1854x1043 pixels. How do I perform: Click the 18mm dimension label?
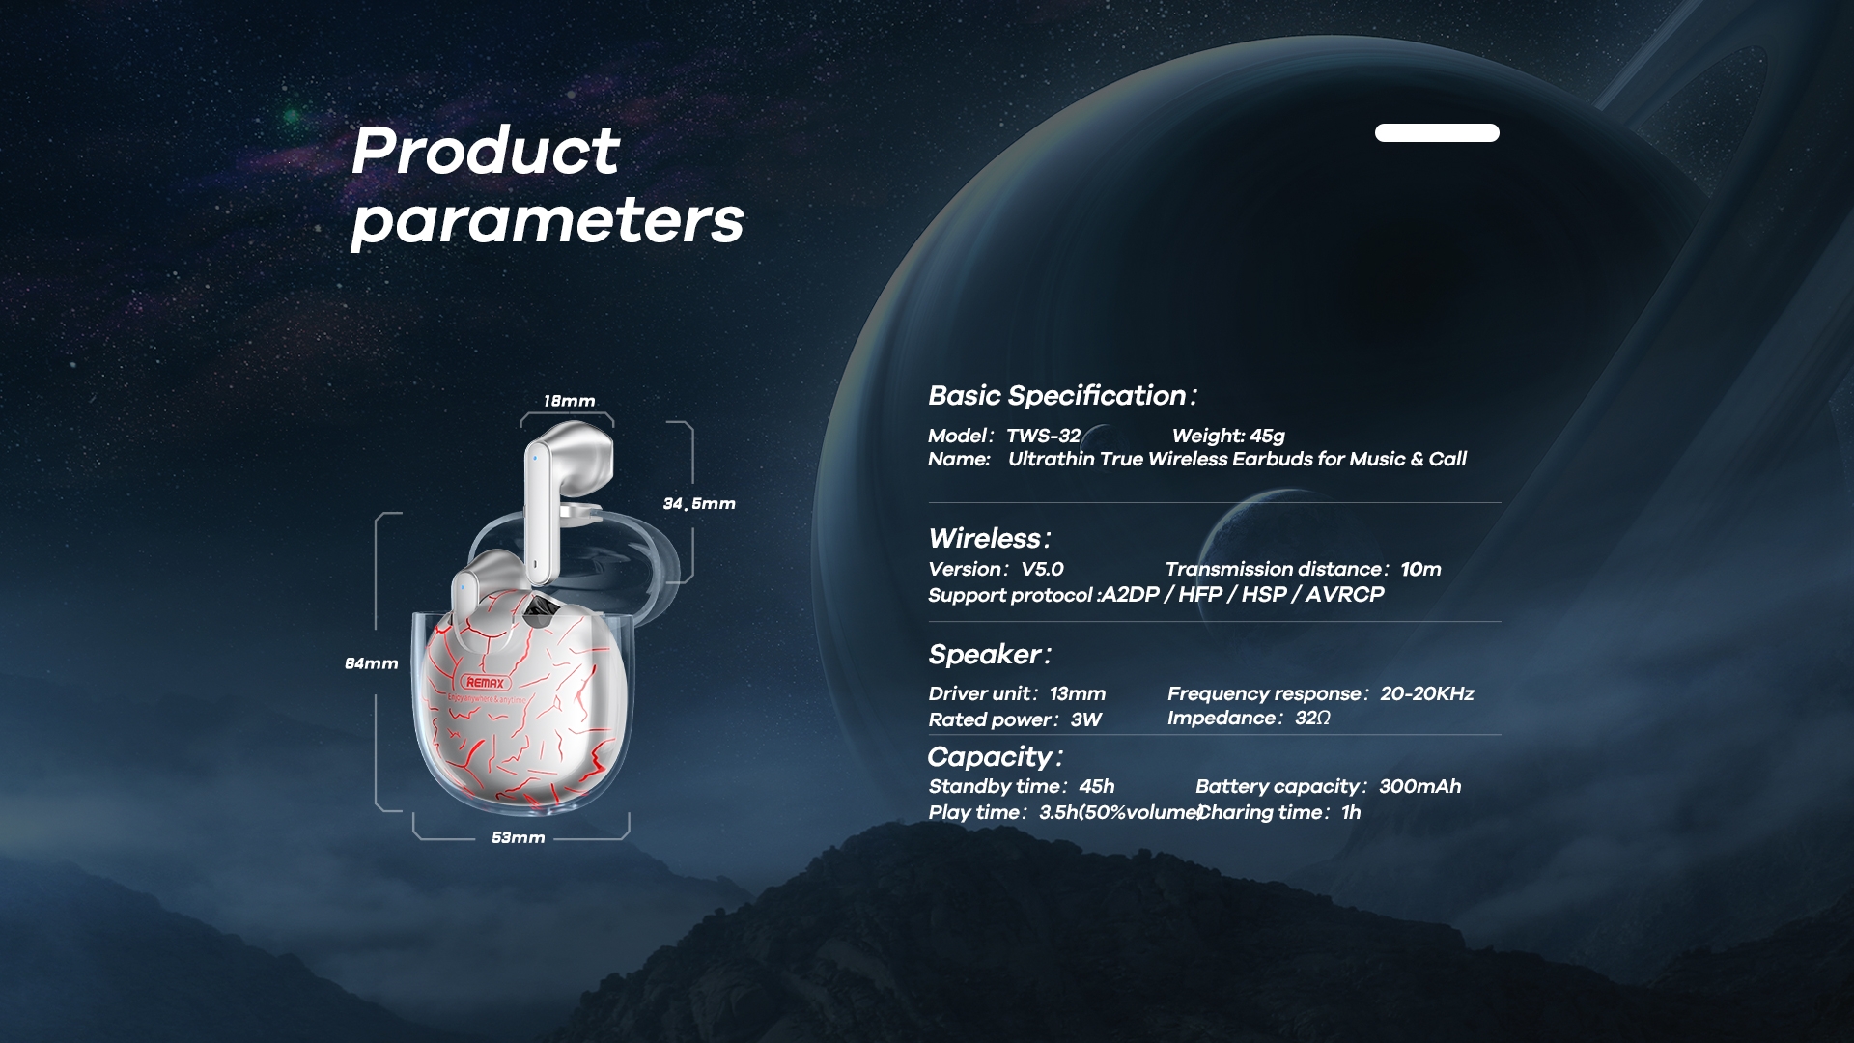point(569,401)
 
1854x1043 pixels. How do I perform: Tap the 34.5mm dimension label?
point(699,503)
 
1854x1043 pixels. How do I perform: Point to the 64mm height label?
point(372,663)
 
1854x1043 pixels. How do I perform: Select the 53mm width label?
point(519,837)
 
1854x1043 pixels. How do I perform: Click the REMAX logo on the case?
point(485,682)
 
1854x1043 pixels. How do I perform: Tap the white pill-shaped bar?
point(1437,133)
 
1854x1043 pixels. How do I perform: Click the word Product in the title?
point(486,151)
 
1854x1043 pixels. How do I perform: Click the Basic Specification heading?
point(1062,396)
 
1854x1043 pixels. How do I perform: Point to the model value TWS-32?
point(1044,436)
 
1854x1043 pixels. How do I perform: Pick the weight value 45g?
point(1267,436)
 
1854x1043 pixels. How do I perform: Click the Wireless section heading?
point(990,538)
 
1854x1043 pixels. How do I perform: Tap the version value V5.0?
point(1043,569)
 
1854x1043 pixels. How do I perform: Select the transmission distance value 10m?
point(1421,569)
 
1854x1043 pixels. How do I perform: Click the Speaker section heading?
point(990,655)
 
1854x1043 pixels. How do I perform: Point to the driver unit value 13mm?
point(1078,693)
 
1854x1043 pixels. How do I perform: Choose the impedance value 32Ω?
point(1312,718)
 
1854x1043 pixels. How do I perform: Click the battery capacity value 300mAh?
point(1420,786)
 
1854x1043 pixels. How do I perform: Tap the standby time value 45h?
point(1097,786)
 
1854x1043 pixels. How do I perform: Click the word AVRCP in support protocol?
point(1345,594)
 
